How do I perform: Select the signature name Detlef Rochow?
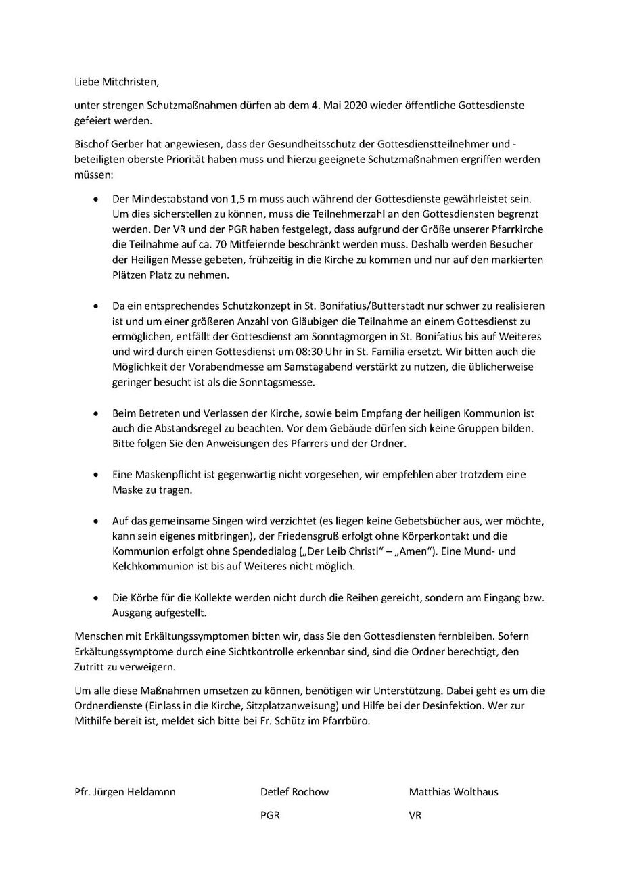pyautogui.click(x=295, y=792)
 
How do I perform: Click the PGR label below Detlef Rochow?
pyautogui.click(x=270, y=816)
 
